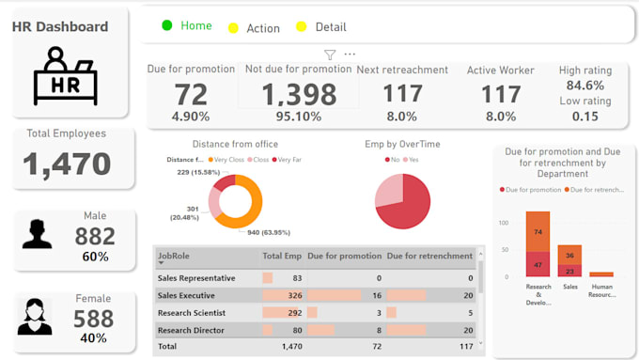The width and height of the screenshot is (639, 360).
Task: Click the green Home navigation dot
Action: point(167,25)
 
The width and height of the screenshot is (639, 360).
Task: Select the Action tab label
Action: point(263,28)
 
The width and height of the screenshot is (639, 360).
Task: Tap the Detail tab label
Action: point(331,27)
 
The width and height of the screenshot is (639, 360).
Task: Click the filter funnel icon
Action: point(330,55)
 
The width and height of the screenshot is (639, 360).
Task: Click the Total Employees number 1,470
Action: point(67,164)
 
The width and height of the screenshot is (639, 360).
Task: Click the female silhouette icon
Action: point(35,317)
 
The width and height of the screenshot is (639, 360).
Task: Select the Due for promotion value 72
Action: point(191,94)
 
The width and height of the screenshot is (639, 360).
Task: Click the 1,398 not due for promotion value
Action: point(298,94)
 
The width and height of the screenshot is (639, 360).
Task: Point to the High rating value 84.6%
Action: point(585,86)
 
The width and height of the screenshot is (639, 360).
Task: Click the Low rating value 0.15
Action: point(585,116)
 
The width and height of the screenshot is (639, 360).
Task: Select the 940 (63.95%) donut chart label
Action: point(269,232)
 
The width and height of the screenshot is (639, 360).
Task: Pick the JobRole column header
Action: point(176,255)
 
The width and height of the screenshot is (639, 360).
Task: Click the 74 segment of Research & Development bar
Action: point(538,231)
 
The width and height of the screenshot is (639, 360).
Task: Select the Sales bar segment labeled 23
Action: point(569,271)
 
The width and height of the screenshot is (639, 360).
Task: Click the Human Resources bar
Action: point(601,274)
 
